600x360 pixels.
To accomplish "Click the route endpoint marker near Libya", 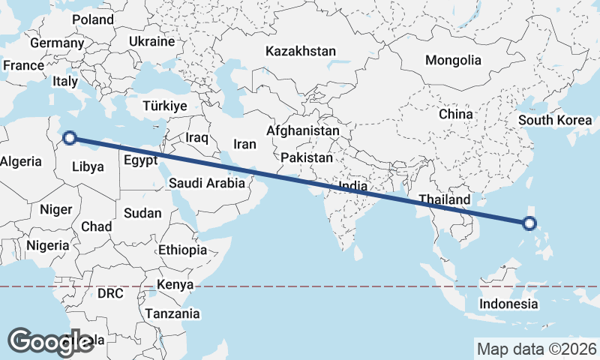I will click(x=69, y=137).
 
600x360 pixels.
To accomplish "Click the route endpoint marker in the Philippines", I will click(x=529, y=223).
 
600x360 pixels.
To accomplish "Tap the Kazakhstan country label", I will click(x=300, y=52).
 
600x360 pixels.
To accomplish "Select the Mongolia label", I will click(x=453, y=60).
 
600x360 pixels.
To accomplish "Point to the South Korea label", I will click(x=555, y=120).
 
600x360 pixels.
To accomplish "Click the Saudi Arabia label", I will click(x=207, y=182).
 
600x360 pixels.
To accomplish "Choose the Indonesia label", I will click(x=509, y=304).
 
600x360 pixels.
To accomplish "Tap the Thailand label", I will click(x=445, y=199).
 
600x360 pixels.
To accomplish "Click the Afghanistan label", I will click(x=303, y=130).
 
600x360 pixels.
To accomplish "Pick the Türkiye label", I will click(x=164, y=106).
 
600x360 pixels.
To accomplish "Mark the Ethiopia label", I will click(x=183, y=250).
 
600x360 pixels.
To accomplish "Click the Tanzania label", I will click(x=172, y=313).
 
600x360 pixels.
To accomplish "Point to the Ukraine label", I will click(x=151, y=41).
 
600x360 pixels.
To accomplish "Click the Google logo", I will click(x=51, y=341).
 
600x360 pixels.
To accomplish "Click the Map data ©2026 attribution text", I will click(x=536, y=349).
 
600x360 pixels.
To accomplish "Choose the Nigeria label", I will click(x=47, y=245).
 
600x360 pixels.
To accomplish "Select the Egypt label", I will click(x=140, y=160).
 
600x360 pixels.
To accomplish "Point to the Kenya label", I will click(x=175, y=285).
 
